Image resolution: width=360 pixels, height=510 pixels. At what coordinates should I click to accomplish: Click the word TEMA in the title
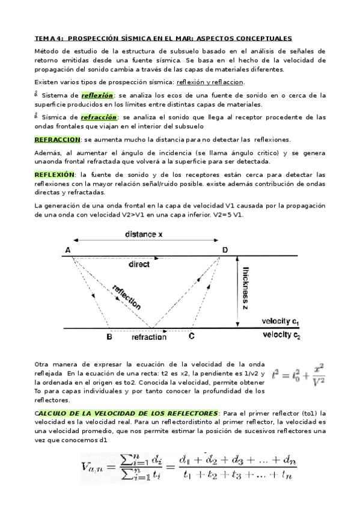(x=44, y=37)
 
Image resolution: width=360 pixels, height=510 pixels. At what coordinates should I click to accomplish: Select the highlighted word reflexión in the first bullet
(x=97, y=95)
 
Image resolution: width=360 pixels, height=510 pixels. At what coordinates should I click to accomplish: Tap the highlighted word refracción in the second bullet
(x=99, y=117)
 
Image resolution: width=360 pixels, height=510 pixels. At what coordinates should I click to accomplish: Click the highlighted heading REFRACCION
(x=57, y=139)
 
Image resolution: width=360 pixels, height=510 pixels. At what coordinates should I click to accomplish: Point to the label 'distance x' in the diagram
(x=144, y=234)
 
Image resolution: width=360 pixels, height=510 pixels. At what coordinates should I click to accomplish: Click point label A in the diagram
(x=67, y=250)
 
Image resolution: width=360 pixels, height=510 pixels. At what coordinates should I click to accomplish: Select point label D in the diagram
(x=225, y=250)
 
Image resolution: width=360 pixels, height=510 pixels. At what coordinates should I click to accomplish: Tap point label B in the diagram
(x=109, y=337)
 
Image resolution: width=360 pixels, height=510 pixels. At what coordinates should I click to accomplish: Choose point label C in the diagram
(x=191, y=337)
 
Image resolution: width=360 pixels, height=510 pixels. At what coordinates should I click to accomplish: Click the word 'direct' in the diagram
(x=139, y=264)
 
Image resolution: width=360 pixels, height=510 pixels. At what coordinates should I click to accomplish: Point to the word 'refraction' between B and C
(x=149, y=337)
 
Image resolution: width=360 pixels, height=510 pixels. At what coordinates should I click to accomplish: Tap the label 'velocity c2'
(x=282, y=335)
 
